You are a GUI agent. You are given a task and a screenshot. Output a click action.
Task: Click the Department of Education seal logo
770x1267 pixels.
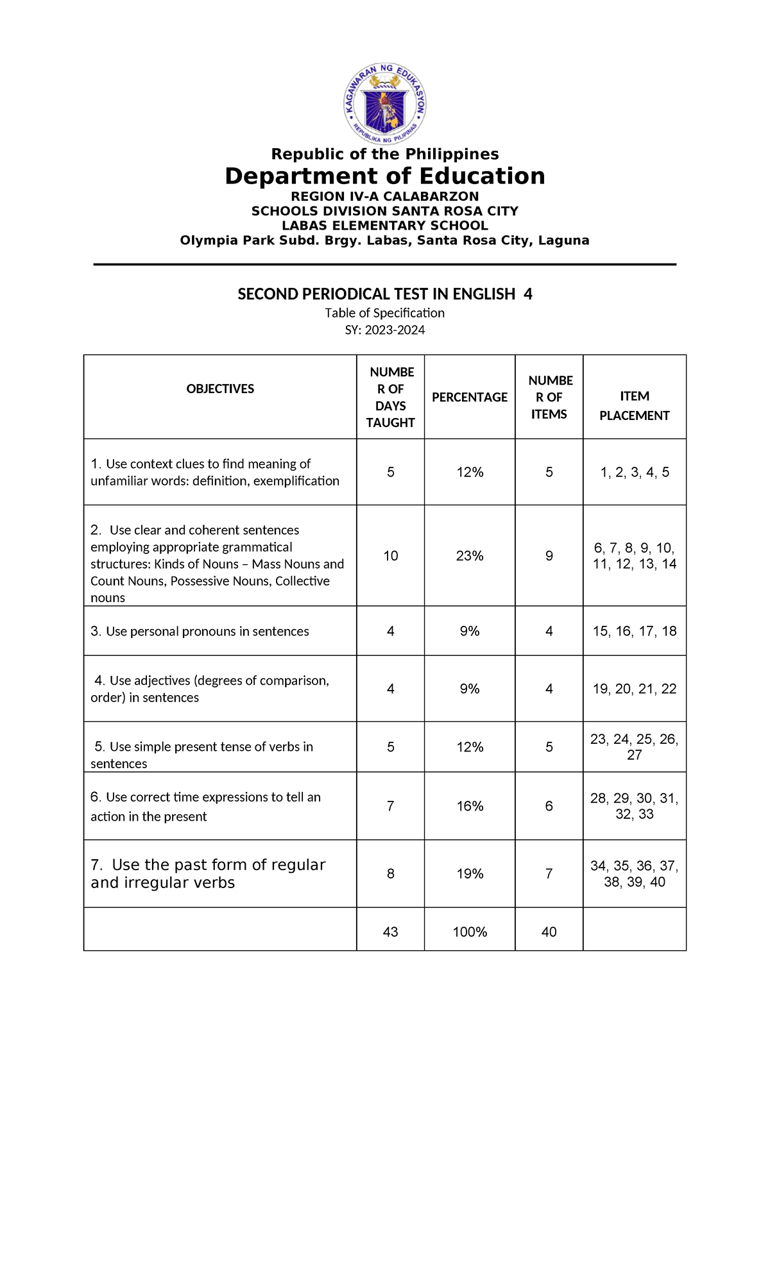coord(385,104)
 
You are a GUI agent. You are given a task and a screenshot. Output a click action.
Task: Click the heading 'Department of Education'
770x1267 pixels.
coord(385,176)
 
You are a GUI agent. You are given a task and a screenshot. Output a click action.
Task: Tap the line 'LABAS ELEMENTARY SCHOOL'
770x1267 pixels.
coord(385,226)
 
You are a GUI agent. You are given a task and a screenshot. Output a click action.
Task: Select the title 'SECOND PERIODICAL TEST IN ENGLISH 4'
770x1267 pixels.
coord(385,294)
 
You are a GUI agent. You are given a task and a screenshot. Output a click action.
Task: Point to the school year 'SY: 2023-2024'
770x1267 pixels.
coord(385,330)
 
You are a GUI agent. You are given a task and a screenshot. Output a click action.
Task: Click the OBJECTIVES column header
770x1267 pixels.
coord(220,389)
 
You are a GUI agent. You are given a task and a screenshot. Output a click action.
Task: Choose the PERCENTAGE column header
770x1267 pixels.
coord(470,398)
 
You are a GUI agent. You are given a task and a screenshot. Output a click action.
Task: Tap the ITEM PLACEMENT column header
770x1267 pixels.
coord(635,406)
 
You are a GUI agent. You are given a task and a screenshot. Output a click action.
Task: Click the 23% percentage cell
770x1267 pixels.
coord(470,556)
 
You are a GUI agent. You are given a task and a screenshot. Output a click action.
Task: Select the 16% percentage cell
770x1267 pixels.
coord(470,807)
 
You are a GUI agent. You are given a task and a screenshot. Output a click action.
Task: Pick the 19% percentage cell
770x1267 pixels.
coord(470,874)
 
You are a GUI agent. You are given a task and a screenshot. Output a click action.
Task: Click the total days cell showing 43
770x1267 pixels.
coord(390,932)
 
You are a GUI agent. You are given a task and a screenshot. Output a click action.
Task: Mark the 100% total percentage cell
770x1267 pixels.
coord(470,932)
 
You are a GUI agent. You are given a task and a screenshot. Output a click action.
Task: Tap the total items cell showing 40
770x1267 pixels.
coord(549,932)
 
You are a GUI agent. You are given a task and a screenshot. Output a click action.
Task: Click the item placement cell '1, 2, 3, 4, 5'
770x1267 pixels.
coord(635,473)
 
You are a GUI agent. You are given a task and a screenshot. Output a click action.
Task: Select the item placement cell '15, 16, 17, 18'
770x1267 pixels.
coord(635,632)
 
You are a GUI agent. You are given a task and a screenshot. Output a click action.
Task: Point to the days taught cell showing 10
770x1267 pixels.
coord(391,556)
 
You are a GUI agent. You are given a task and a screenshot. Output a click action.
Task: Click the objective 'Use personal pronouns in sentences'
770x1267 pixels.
coord(200,632)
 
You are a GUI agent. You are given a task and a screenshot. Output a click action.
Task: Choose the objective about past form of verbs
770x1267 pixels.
coord(208,874)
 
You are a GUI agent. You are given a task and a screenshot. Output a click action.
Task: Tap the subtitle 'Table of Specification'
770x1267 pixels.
coord(385,313)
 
